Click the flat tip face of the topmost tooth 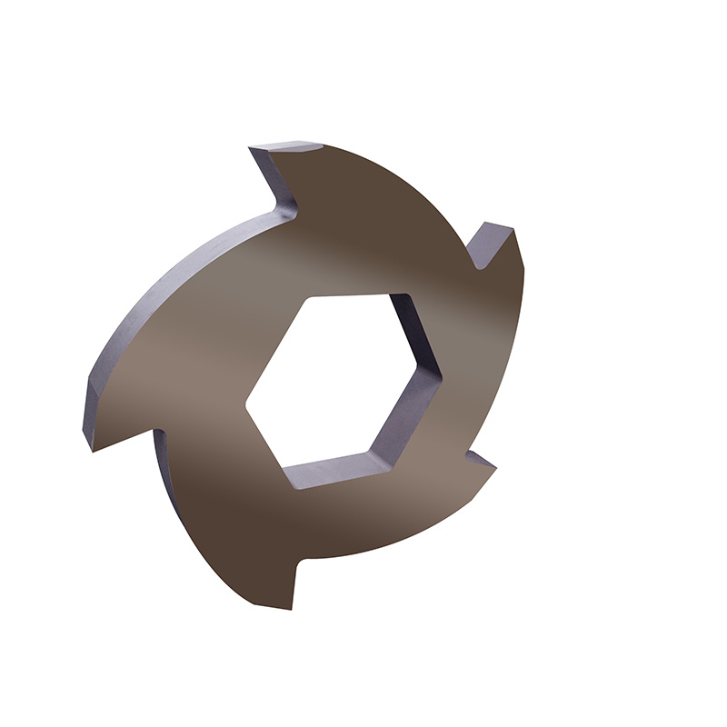tap(287, 146)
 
